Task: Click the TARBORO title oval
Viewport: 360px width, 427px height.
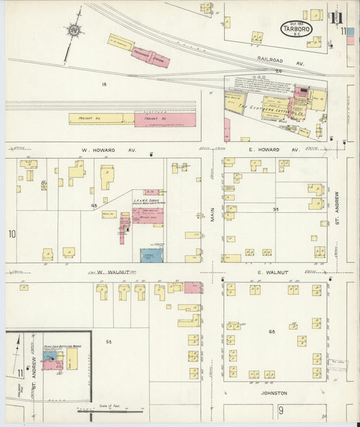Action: click(x=296, y=29)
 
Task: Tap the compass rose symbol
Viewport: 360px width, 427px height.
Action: click(x=72, y=30)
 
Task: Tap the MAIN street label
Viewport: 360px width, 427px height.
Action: click(x=212, y=214)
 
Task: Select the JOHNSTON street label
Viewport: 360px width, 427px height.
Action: click(x=274, y=393)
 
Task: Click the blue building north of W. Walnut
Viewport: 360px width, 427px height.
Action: click(x=151, y=255)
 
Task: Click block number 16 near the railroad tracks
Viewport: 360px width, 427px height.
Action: click(x=104, y=84)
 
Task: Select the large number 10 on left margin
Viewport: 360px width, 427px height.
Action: click(x=11, y=234)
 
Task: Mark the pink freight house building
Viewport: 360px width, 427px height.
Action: click(x=164, y=120)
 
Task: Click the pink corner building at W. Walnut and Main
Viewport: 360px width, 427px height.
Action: click(x=192, y=288)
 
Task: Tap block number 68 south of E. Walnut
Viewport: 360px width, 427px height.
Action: click(x=273, y=332)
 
